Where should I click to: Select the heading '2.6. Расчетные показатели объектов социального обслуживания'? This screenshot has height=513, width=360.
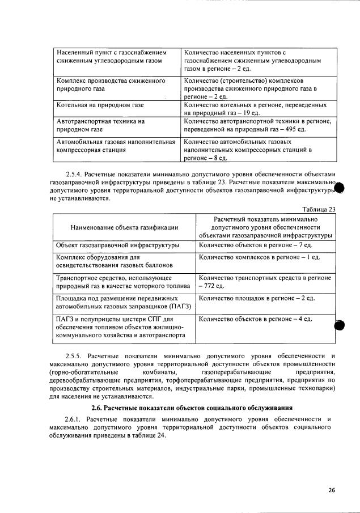tap(192, 408)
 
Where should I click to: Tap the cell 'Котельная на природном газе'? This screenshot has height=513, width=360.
tap(100, 105)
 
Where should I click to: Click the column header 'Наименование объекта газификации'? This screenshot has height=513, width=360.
tap(124, 227)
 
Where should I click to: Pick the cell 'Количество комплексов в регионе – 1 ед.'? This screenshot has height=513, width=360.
tap(260, 257)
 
